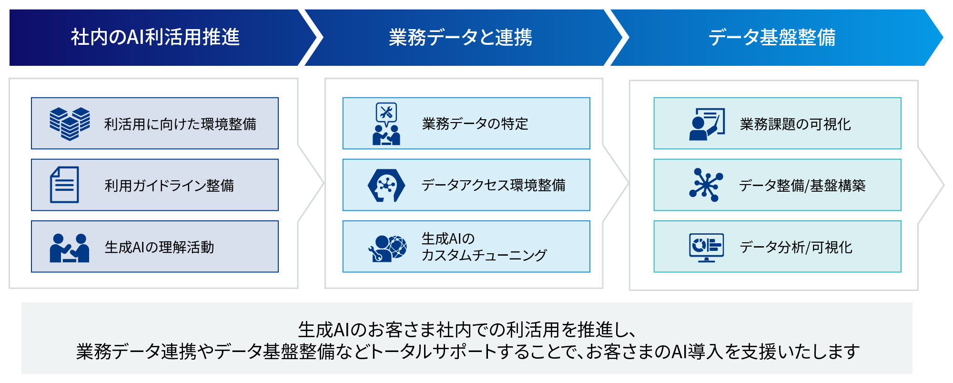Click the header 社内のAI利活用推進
point(155,37)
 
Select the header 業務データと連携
point(460,37)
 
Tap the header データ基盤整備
point(771,37)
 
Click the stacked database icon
point(70,124)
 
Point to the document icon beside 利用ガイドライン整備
point(64,185)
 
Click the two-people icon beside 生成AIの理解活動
point(70,248)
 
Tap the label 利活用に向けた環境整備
point(180,124)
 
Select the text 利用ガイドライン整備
point(169,185)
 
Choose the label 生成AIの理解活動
point(159,247)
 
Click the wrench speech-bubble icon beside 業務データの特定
point(386,124)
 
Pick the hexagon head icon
point(386,185)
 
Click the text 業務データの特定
point(475,124)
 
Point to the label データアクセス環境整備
point(493,185)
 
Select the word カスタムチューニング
point(484,255)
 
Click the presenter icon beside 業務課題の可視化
point(707,124)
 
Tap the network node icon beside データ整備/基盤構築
point(706,185)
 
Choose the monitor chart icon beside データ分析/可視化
point(706,247)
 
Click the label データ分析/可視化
point(796,247)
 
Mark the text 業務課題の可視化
point(795,124)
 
